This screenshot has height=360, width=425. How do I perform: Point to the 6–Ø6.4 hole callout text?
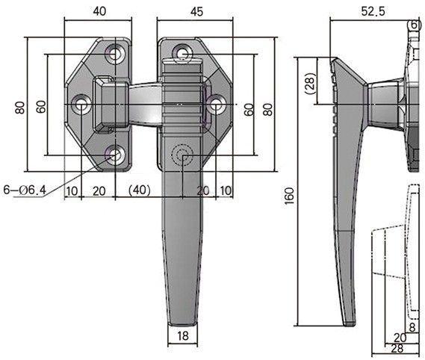tap(25, 190)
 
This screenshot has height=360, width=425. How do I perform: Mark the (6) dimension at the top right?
tap(415, 25)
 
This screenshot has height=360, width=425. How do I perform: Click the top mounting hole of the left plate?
tap(114, 54)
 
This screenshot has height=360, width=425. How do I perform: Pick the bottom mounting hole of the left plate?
tap(114, 155)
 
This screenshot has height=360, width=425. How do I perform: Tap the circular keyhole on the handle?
tap(182, 155)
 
